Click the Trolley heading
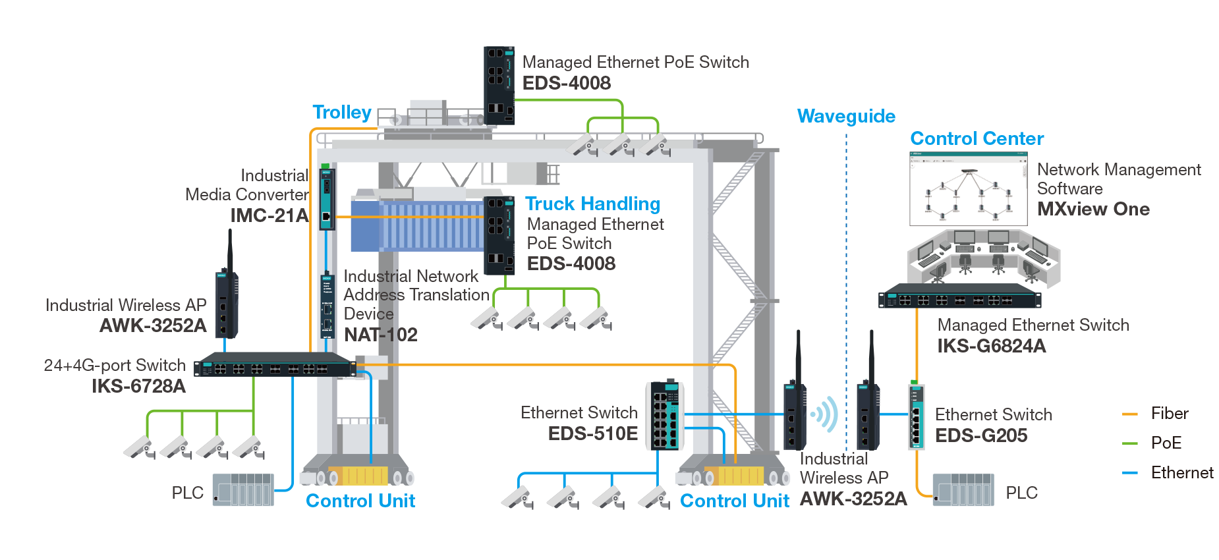pyautogui.click(x=341, y=113)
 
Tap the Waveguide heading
pyautogui.click(x=846, y=117)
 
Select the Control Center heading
pyautogui.click(x=977, y=139)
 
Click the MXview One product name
pyautogui.click(x=1093, y=210)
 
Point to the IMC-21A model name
pyautogui.click(x=269, y=215)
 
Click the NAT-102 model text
pyautogui.click(x=381, y=335)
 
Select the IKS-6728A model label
pyautogui.click(x=138, y=386)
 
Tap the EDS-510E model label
pyautogui.click(x=592, y=434)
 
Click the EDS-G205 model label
pyautogui.click(x=981, y=435)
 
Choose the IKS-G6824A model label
pyautogui.click(x=991, y=346)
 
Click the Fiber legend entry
pyautogui.click(x=1169, y=414)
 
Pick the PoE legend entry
pyautogui.click(x=1166, y=443)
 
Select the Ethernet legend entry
pyautogui.click(x=1181, y=472)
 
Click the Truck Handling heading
pyautogui.click(x=592, y=204)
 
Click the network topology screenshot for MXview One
pyautogui.click(x=968, y=189)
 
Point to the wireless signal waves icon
pyautogui.click(x=824, y=414)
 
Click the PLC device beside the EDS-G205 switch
pyautogui.click(x=963, y=490)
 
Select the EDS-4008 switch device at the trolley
pyautogui.click(x=499, y=86)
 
